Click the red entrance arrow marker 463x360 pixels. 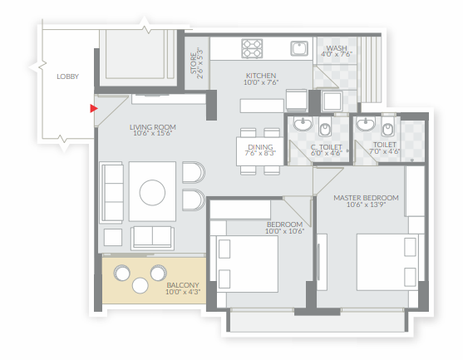click(94, 109)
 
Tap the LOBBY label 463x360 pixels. click(67, 76)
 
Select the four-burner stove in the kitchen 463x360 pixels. click(252, 48)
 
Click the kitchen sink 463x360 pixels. click(299, 48)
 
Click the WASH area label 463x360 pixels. click(337, 48)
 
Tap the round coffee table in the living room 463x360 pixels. click(152, 193)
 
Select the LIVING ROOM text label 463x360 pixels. click(153, 127)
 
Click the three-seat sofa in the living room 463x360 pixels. click(111, 192)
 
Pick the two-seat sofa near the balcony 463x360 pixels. click(152, 238)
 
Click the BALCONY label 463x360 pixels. click(183, 285)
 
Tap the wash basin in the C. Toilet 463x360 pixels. click(303, 124)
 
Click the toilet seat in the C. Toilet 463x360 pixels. click(325, 129)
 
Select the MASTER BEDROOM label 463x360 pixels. click(366, 198)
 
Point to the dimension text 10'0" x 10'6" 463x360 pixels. click(284, 231)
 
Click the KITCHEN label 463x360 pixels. click(261, 76)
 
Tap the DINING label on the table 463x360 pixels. click(260, 147)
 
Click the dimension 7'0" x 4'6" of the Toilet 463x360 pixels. click(385, 151)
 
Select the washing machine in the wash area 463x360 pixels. click(332, 101)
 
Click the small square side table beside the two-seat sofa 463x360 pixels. click(113, 237)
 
